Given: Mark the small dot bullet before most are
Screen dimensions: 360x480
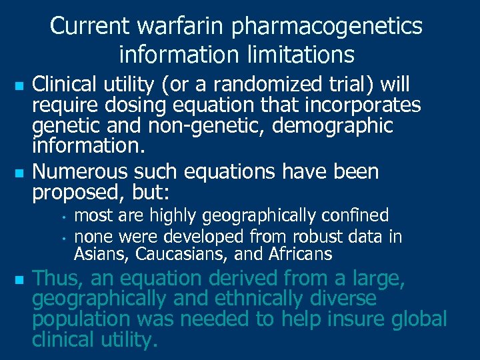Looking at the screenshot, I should pyautogui.click(x=61, y=217).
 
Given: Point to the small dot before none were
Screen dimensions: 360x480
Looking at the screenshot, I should pyautogui.click(x=61, y=237).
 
